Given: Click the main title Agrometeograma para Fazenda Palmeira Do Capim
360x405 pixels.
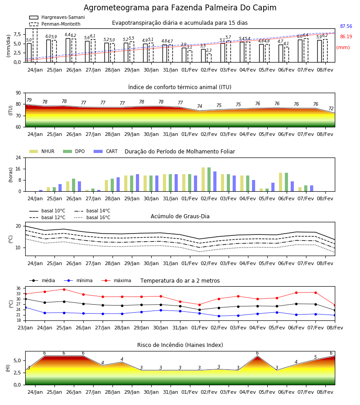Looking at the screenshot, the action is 180,8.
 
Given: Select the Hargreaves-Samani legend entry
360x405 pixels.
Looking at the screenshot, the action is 57,17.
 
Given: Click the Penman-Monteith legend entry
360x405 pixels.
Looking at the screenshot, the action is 55,24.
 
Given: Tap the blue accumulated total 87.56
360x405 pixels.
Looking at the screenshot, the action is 346,27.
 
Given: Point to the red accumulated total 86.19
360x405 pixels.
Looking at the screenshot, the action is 346,37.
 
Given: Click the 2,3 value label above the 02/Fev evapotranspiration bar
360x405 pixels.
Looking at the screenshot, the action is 209,50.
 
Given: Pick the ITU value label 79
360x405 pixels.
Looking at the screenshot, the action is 29,100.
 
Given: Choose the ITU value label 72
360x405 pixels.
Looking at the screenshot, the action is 331,109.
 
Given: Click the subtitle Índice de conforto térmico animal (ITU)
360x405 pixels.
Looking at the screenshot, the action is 180,87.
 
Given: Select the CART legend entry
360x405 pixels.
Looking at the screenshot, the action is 106,151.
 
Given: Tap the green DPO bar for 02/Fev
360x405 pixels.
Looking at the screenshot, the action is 209,180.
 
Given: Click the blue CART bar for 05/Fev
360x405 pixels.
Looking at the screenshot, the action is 273,187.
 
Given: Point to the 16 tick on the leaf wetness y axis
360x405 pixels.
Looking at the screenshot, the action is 18,169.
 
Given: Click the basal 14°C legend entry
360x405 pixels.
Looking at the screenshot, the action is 92,211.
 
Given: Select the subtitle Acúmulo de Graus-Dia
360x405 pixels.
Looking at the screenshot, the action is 180,216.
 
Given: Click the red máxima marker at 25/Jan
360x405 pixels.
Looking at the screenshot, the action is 64,289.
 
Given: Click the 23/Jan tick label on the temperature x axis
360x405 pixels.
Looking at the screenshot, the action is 25,328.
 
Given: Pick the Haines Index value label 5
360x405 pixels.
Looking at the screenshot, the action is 315,357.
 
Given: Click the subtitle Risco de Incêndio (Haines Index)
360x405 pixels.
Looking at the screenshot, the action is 180,345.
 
